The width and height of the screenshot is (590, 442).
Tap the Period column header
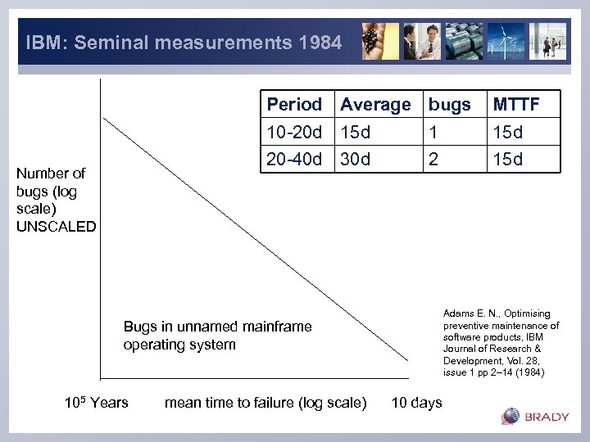(x=294, y=105)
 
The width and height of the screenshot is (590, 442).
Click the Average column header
(x=375, y=105)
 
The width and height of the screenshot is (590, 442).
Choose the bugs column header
(x=450, y=105)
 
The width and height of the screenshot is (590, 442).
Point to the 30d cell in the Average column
(x=356, y=159)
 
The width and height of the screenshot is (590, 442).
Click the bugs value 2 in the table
(x=434, y=159)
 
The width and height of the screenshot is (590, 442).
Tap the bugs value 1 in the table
(x=434, y=132)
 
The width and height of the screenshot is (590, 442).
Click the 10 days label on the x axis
(x=416, y=402)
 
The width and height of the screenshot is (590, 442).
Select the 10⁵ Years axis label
(x=96, y=402)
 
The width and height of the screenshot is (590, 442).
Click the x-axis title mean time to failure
(x=265, y=402)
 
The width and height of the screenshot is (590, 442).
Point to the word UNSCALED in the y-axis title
(x=56, y=226)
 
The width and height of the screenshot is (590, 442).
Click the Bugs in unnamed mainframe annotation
(x=217, y=327)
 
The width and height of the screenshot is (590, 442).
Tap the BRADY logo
(x=536, y=417)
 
